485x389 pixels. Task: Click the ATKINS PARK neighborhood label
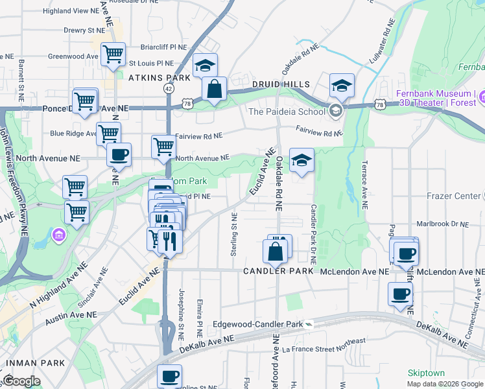[159, 78]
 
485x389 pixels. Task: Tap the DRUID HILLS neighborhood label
[281, 84]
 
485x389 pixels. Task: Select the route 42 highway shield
[169, 88]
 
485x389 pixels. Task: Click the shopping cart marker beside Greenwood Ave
[113, 54]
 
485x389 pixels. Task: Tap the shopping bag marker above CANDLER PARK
[275, 252]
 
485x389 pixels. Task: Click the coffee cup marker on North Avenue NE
[119, 154]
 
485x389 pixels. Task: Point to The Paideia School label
[287, 112]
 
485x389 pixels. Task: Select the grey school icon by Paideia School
[335, 110]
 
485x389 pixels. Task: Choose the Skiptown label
[426, 373]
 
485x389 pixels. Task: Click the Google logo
[21, 381]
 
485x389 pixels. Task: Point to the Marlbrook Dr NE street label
[443, 224]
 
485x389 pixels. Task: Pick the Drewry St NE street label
[84, 30]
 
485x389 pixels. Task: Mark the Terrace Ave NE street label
[364, 185]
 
